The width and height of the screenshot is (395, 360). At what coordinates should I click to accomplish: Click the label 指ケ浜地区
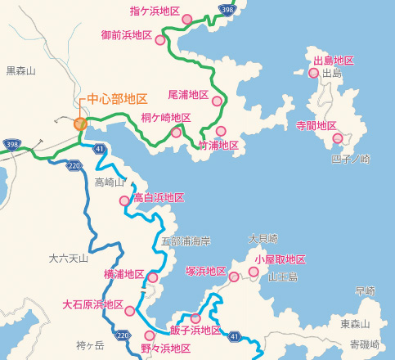[155, 11]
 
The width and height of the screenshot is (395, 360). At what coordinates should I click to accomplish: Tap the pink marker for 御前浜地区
[162, 38]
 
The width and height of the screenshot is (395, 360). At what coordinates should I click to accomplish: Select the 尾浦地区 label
[188, 95]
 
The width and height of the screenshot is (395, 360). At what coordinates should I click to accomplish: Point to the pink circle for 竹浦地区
[220, 131]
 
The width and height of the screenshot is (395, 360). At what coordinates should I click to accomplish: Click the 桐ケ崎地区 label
[165, 118]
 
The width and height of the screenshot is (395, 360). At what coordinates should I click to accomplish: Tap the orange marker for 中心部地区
[80, 124]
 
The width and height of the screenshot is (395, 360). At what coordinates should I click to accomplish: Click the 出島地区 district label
[334, 61]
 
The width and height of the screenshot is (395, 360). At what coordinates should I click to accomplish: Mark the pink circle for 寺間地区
[338, 137]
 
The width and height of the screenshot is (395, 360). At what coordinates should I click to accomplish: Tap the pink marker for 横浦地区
[152, 277]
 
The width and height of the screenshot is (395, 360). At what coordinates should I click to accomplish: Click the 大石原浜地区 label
[92, 305]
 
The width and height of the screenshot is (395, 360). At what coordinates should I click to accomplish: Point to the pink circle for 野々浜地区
[149, 335]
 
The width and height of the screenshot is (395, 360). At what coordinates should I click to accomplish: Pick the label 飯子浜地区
[195, 331]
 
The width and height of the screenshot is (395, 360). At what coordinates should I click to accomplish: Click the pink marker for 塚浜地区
[234, 277]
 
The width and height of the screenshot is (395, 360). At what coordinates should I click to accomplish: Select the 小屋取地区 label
[280, 259]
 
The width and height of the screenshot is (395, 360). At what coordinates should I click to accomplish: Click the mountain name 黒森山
[21, 71]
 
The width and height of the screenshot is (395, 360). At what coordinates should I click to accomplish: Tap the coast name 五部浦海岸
[186, 241]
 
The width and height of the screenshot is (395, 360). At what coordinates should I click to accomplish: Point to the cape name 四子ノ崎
[351, 158]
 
